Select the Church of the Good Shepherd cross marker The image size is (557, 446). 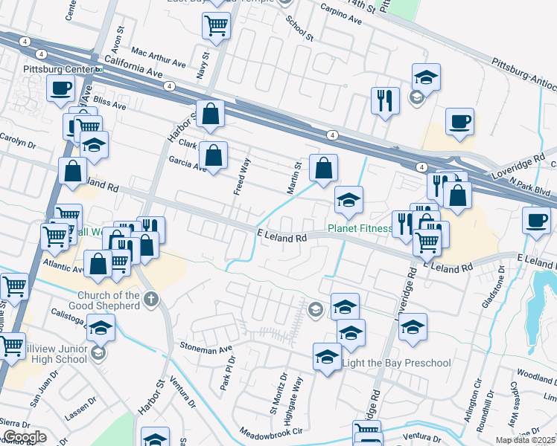pos(151,300)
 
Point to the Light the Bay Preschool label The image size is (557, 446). pos(396,363)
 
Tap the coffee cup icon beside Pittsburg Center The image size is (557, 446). pos(60,88)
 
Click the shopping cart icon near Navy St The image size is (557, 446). pos(216,25)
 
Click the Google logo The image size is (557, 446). pos(24,437)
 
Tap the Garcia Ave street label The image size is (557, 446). pos(187,161)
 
